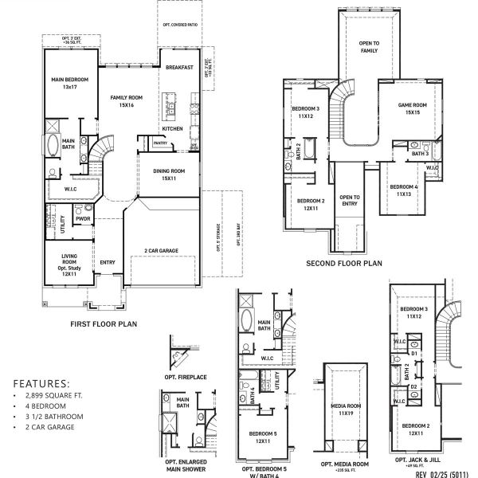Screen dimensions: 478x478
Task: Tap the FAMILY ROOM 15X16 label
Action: (x=126, y=100)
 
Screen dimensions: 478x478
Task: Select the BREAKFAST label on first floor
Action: (x=180, y=68)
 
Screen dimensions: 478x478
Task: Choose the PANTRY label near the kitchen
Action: (x=160, y=143)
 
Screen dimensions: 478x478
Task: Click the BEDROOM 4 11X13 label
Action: (x=401, y=190)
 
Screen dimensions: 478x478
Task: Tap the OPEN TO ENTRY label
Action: (x=350, y=201)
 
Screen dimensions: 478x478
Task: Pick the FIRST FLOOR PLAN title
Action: (x=105, y=323)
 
